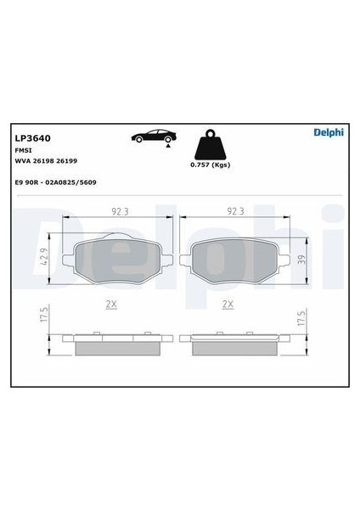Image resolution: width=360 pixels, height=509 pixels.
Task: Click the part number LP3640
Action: [x=33, y=138]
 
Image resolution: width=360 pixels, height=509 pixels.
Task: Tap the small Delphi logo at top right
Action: [x=329, y=132]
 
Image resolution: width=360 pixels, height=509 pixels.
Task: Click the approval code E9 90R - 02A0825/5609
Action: [x=55, y=182]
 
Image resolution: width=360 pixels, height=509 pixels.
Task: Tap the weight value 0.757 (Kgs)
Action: [x=211, y=165]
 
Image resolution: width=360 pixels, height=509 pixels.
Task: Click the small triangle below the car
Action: [x=168, y=146]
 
